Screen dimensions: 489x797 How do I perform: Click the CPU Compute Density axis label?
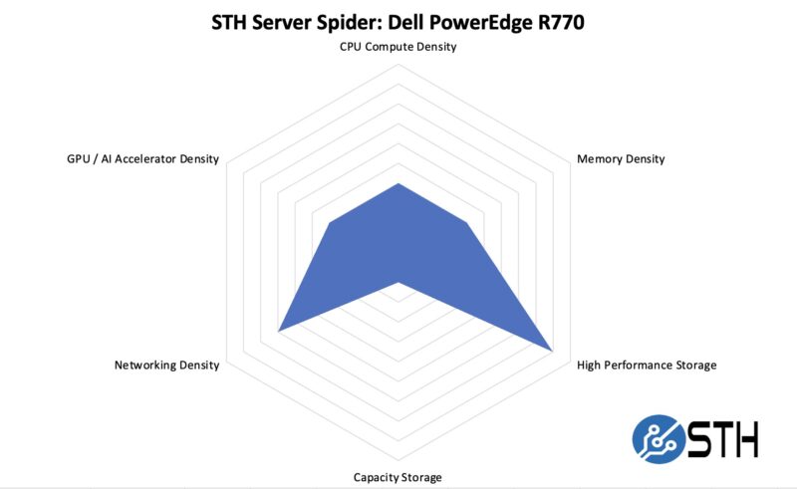pos(398,47)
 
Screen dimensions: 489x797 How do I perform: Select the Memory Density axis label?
pos(621,158)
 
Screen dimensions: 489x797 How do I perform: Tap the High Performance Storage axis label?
pos(646,365)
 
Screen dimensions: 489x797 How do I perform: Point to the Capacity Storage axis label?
pos(398,477)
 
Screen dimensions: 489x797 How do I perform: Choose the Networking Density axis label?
pos(166,365)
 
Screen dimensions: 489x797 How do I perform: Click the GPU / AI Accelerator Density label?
pos(136,158)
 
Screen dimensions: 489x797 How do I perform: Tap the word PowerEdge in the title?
pos(469,21)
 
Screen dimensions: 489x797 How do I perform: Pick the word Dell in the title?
pos(403,21)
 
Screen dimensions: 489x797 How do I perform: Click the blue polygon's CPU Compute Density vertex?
pos(398,184)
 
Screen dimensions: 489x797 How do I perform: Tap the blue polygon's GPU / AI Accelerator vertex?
pos(330,224)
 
